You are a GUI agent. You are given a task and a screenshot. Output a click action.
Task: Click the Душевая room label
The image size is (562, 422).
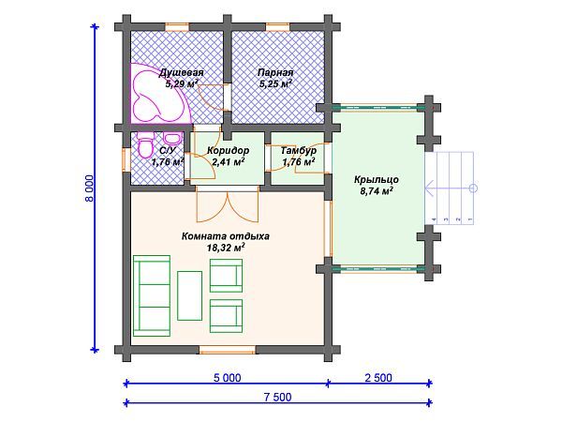182,72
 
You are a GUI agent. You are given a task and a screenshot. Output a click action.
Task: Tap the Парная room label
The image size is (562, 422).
275,72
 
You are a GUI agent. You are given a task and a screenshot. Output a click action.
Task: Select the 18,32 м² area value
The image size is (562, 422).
226,247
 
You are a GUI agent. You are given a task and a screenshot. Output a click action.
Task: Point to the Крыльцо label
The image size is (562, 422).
377,179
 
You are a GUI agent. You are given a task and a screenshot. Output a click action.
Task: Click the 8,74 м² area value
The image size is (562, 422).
377,191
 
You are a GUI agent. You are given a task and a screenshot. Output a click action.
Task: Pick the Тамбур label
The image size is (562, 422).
299,150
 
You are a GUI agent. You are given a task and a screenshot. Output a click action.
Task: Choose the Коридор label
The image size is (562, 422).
228,150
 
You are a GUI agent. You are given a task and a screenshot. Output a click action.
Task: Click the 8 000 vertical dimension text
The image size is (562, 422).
90,188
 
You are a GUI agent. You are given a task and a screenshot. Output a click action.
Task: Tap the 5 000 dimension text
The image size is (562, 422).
227,378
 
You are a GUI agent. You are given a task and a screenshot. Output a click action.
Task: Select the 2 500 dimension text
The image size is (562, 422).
378,378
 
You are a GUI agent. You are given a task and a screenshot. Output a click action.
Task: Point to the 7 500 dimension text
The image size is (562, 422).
278,398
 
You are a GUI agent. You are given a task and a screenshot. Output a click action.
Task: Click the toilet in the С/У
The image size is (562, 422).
145,146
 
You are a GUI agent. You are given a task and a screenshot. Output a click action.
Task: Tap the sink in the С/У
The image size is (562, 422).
171,138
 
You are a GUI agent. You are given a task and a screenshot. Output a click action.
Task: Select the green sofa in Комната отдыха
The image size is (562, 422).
152,295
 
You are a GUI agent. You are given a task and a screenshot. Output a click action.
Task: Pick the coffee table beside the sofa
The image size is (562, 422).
189,295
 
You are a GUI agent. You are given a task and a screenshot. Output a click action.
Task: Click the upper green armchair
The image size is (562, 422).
226,276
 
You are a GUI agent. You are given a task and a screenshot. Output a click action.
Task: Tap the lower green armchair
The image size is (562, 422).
226,316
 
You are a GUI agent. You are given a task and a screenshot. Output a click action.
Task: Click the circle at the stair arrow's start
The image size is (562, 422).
473,188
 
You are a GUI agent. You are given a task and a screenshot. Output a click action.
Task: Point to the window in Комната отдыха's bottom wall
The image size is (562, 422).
228,349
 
